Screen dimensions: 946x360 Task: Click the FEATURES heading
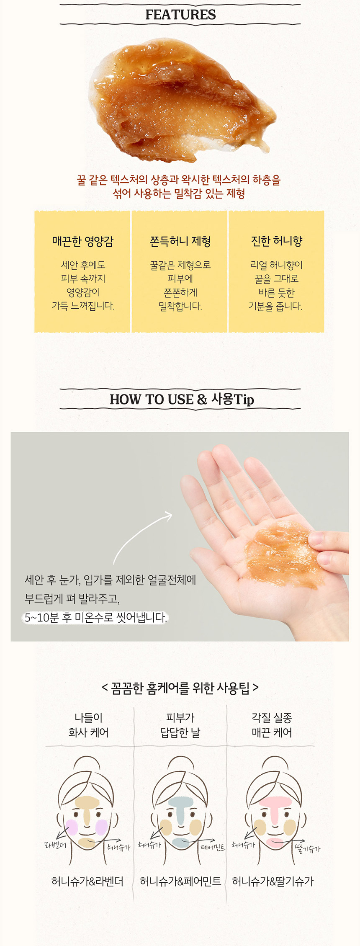pyautogui.click(x=180, y=15)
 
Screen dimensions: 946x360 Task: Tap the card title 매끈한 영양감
pyautogui.click(x=82, y=241)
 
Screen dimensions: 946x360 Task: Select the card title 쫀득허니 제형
pyautogui.click(x=180, y=241)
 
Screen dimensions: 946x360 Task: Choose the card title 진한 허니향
pyautogui.click(x=276, y=241)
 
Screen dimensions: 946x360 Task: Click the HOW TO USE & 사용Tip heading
pyautogui.click(x=181, y=399)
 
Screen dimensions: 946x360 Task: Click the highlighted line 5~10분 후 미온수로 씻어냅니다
pyautogui.click(x=95, y=617)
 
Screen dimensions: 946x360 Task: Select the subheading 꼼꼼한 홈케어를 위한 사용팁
pyautogui.click(x=180, y=688)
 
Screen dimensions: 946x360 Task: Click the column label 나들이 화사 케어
pyautogui.click(x=88, y=725)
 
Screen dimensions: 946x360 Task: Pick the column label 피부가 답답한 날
pyautogui.click(x=180, y=725)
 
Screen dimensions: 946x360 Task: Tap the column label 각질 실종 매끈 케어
pyautogui.click(x=272, y=725)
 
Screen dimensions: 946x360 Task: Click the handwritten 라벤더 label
pyautogui.click(x=55, y=845)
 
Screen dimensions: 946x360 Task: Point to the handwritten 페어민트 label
pyautogui.click(x=213, y=847)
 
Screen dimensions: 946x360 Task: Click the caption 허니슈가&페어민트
pyautogui.click(x=180, y=882)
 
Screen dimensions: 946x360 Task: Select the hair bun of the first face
pyautogui.click(x=87, y=763)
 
